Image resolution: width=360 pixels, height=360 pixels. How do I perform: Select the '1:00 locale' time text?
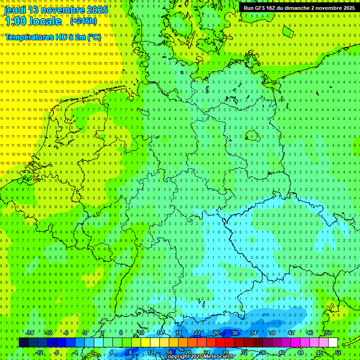pos(33,21)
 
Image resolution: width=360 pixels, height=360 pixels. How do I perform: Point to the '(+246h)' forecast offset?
pos(83,21)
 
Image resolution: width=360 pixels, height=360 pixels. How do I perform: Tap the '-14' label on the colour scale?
pos(30,333)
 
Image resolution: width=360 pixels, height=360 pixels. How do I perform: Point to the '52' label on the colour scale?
pos(338,352)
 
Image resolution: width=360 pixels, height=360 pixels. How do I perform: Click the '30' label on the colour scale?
pos(235,333)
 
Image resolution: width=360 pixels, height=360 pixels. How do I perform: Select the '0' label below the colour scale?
pos(92,352)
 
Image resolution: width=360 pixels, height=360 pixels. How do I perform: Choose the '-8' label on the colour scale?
pos(57,352)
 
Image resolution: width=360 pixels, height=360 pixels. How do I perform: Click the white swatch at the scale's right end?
pos(333,342)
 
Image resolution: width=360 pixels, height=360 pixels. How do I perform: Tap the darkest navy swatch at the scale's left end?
pos(23,342)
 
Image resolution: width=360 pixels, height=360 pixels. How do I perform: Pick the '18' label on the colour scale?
pos(179,333)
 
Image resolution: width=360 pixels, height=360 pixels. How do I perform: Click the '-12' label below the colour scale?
pos(39,352)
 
